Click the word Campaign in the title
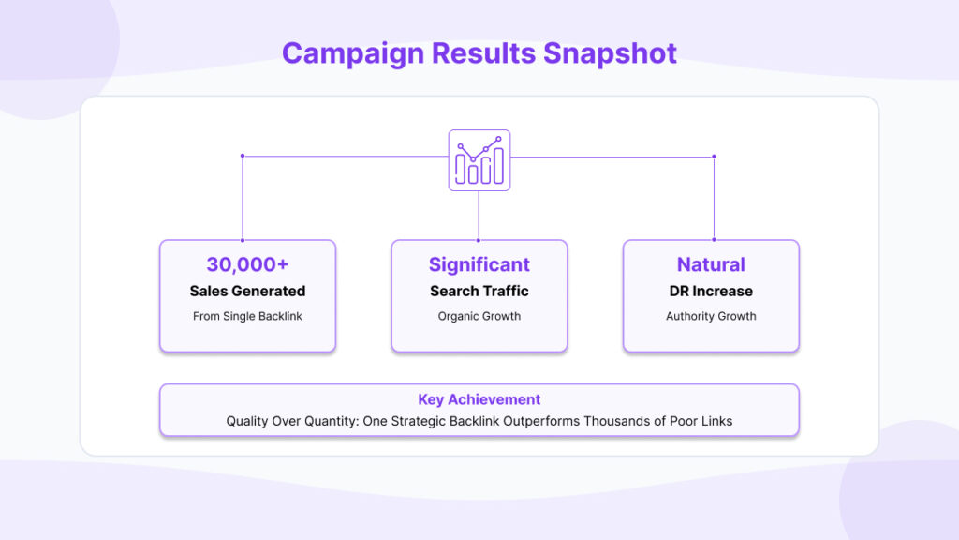point(353,53)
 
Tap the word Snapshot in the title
point(610,53)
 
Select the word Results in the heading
point(484,53)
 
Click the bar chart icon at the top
point(479,160)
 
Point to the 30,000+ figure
point(247,264)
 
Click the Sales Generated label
point(247,291)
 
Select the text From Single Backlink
point(247,316)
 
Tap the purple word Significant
point(479,264)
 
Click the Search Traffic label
point(479,291)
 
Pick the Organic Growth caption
point(479,316)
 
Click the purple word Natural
point(711,264)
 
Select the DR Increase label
point(711,291)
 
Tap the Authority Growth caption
point(711,316)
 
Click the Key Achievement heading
point(479,399)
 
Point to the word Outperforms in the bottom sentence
point(541,421)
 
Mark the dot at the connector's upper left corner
point(243,157)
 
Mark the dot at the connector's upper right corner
point(714,157)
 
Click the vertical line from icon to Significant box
point(479,216)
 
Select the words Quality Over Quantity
point(291,421)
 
